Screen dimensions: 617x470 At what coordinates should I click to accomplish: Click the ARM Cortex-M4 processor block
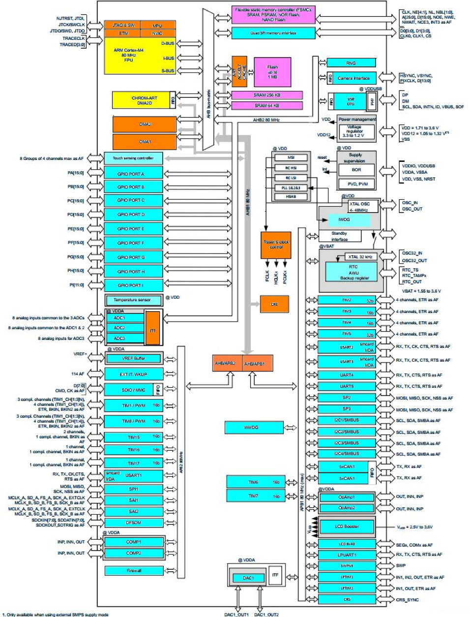[129, 55]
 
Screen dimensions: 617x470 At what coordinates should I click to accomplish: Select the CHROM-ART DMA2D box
[141, 100]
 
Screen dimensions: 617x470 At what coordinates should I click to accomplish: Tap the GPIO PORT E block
[133, 229]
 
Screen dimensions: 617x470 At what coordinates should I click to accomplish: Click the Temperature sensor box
[133, 300]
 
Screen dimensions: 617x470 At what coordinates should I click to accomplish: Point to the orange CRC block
[274, 304]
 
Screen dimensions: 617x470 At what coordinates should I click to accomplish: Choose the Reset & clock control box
[276, 245]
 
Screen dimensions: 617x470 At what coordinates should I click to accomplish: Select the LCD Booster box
[347, 526]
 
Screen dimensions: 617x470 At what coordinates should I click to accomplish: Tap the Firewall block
[134, 571]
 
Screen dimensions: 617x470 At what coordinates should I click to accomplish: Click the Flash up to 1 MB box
[272, 72]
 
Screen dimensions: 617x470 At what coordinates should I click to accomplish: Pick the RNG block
[351, 63]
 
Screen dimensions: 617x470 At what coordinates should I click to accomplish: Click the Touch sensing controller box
[133, 158]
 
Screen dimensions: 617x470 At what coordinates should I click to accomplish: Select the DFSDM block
[133, 523]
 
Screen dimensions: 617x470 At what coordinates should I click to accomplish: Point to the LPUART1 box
[347, 555]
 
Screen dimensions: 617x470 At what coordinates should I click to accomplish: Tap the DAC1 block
[248, 578]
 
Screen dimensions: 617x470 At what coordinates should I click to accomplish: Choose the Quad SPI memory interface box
[273, 33]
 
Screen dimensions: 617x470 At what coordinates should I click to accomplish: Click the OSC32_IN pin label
[412, 253]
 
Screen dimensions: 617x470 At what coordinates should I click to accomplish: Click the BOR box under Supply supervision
[356, 170]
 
